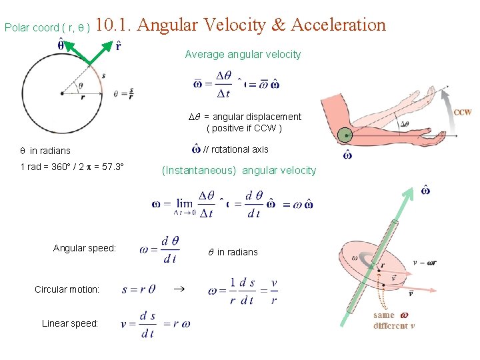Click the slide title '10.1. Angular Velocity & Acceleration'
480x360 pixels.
click(x=241, y=25)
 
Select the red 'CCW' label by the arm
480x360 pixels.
click(x=463, y=112)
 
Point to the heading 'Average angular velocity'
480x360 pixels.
click(x=243, y=54)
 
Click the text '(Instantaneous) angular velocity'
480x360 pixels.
click(x=239, y=170)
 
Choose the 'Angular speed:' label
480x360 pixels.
click(x=85, y=248)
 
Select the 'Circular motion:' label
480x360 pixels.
click(x=67, y=289)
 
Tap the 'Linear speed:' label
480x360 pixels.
click(x=70, y=323)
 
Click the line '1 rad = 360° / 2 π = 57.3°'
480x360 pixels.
click(x=73, y=167)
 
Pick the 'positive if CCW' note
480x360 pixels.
click(x=244, y=127)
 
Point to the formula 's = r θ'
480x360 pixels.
click(x=139, y=290)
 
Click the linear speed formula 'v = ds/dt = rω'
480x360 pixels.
click(x=155, y=324)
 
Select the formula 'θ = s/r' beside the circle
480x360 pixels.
click(x=124, y=93)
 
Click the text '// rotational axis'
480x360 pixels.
click(x=235, y=149)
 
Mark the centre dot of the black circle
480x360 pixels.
click(x=62, y=93)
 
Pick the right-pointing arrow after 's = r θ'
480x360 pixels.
click(x=177, y=289)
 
